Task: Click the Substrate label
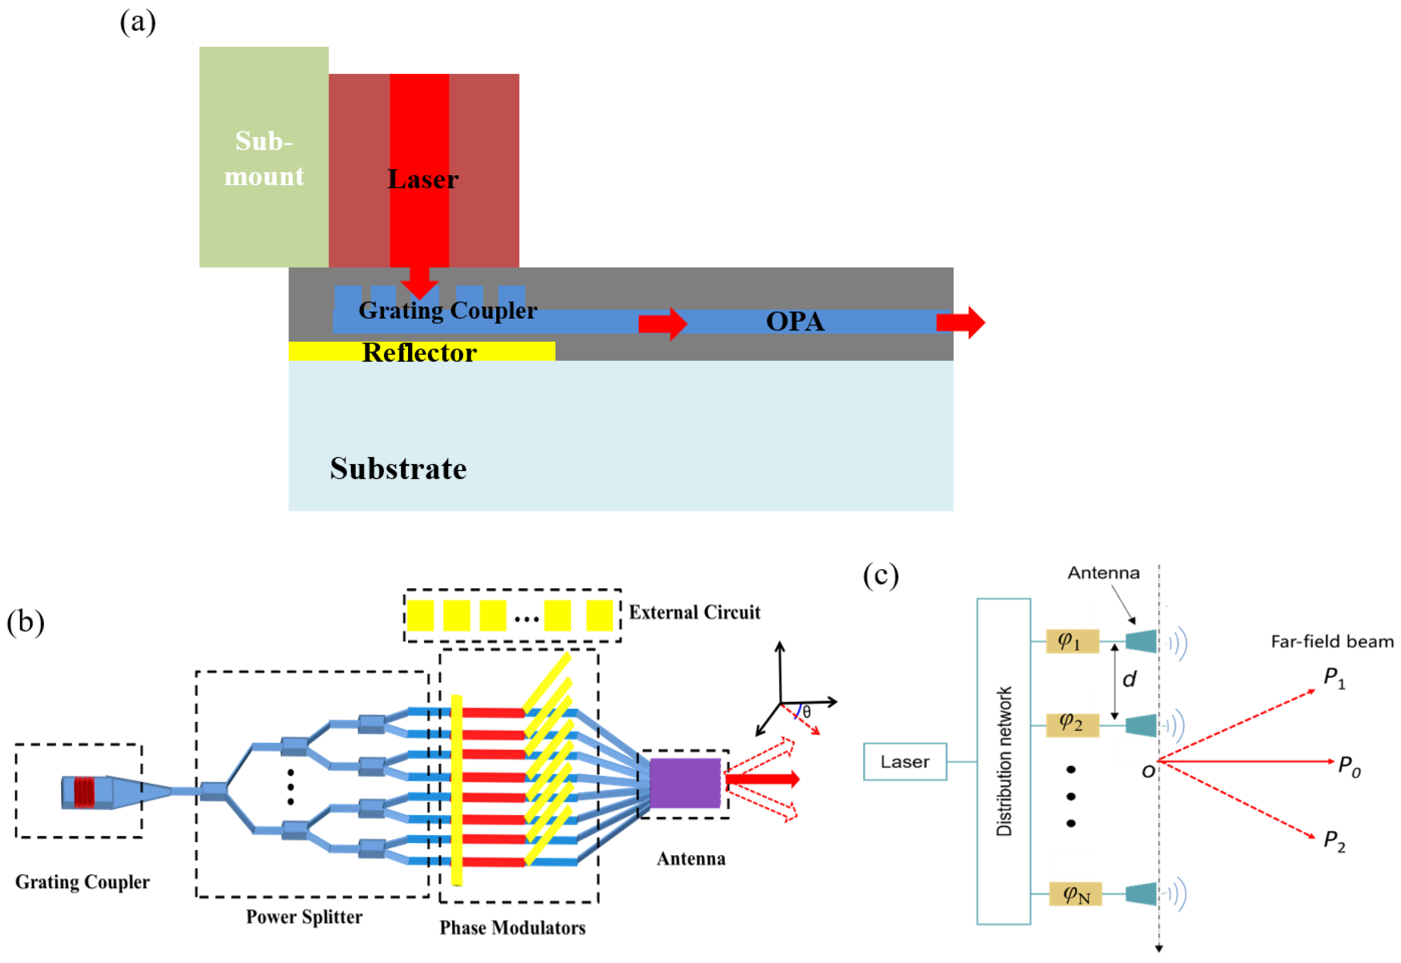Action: tap(398, 469)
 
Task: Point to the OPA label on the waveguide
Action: tap(795, 321)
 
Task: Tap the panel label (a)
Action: tap(138, 23)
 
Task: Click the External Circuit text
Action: tap(694, 613)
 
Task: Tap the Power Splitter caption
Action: tap(304, 917)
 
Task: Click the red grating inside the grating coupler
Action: tap(84, 792)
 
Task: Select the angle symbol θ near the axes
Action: tap(807, 712)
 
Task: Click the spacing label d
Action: tap(1129, 680)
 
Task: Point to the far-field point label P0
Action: tap(1349, 766)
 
